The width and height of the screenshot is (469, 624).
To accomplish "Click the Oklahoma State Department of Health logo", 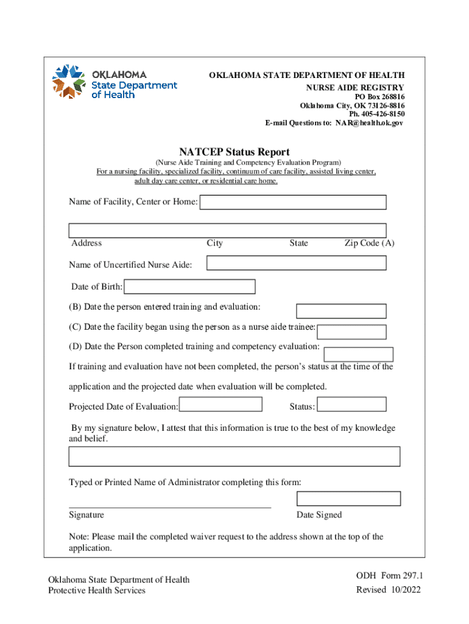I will pyautogui.click(x=115, y=82).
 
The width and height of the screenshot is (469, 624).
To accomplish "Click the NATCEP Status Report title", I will pyautogui.click(x=234, y=152).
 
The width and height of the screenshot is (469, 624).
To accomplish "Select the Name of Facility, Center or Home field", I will pyautogui.click(x=293, y=202).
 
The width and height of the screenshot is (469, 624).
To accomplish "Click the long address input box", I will pyautogui.click(x=227, y=230).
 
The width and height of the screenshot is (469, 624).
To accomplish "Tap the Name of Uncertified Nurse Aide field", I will pyautogui.click(x=296, y=263).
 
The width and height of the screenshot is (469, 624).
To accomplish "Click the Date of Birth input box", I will pyautogui.click(x=189, y=286).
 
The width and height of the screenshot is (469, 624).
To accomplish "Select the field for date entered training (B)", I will pyautogui.click(x=340, y=311).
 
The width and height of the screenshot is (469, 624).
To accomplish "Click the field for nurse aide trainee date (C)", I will pyautogui.click(x=352, y=332).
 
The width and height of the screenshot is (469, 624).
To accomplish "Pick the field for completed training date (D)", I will pyautogui.click(x=358, y=354).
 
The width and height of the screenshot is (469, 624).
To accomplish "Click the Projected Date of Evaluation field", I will pyautogui.click(x=222, y=405).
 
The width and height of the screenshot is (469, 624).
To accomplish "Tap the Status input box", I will pyautogui.click(x=352, y=405).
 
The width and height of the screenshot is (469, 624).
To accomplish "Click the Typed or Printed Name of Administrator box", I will pyautogui.click(x=234, y=456).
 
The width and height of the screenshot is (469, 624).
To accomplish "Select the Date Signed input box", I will pyautogui.click(x=348, y=498).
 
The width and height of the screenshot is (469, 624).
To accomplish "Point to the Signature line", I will pyautogui.click(x=170, y=506).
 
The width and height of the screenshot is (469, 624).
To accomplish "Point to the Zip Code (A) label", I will pyautogui.click(x=369, y=243).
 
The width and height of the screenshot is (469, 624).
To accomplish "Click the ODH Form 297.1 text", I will pyautogui.click(x=389, y=576).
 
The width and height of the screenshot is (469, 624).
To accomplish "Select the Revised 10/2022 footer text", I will pyautogui.click(x=388, y=589).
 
